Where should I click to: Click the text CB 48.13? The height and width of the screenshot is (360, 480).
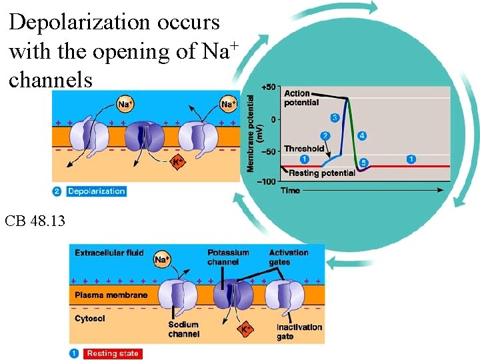coord(35,219)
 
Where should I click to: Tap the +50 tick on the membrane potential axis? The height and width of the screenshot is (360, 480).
coord(268,87)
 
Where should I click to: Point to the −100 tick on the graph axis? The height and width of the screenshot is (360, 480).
coord(266,181)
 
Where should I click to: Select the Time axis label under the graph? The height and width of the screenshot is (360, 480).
coord(290,191)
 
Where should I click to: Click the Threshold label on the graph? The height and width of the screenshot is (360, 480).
coord(304,149)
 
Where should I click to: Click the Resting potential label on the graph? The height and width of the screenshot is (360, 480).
coord(322,173)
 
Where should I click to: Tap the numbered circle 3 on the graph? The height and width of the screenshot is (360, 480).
coord(335,118)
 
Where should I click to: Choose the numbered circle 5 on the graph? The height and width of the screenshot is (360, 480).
coord(364,163)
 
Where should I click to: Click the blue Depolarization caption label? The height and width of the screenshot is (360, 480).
coord(96,191)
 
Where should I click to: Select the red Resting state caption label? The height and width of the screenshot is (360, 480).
coord(112,353)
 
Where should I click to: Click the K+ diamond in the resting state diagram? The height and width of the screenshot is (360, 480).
coord(246,328)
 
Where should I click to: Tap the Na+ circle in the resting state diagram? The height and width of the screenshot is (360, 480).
coord(162,259)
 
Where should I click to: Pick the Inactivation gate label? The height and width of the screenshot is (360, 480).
coord(299,331)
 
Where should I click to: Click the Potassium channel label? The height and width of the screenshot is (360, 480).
coord(228,257)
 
